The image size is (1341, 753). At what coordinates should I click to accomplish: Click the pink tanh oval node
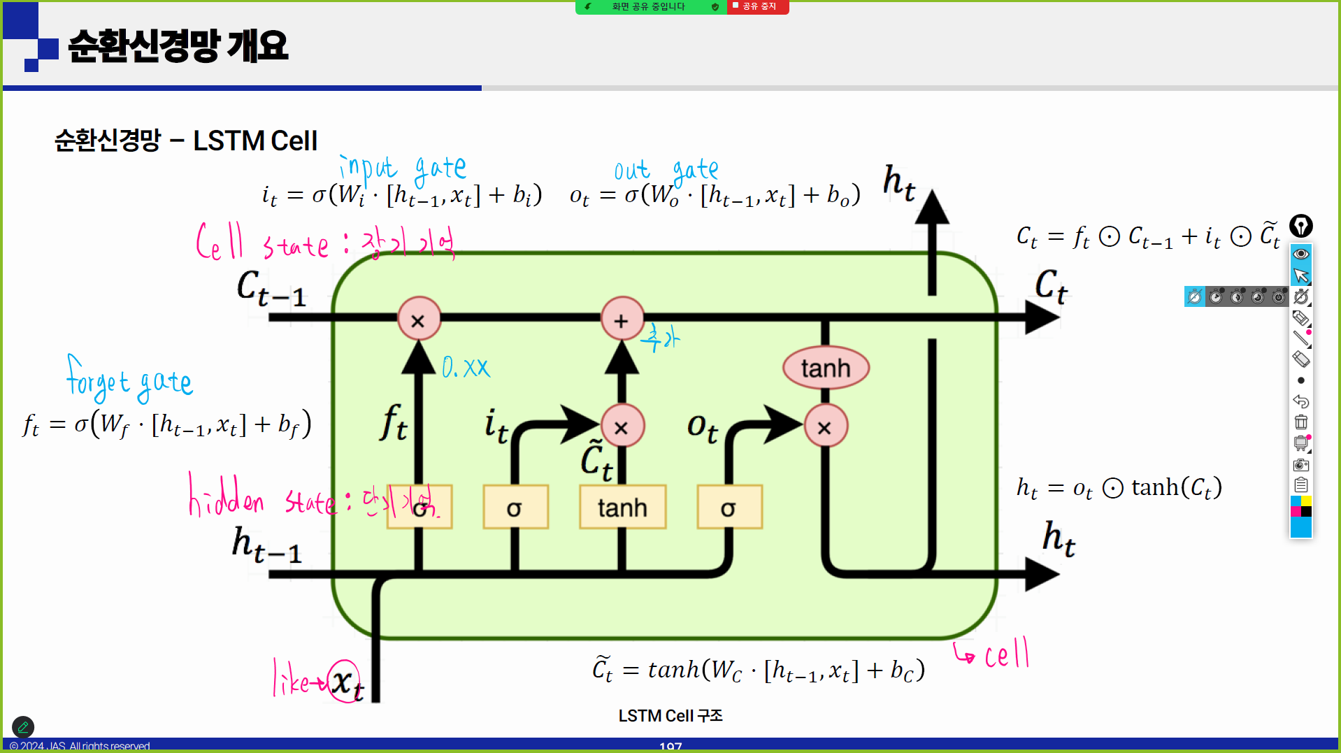[x=826, y=368]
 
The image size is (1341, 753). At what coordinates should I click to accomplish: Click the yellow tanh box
[x=622, y=507]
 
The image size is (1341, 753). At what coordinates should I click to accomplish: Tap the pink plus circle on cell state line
[x=622, y=320]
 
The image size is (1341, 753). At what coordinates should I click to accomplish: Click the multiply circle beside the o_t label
[x=825, y=426]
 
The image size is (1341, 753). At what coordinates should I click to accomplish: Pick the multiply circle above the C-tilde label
[x=622, y=426]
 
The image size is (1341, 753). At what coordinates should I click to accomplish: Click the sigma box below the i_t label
[x=515, y=507]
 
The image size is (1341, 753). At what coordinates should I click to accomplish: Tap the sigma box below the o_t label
[x=729, y=507]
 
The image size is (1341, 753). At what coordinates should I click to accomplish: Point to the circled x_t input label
[x=345, y=681]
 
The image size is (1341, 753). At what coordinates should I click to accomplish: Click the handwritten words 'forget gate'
[x=129, y=380]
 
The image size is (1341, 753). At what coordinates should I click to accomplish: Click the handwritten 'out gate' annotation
[x=666, y=170]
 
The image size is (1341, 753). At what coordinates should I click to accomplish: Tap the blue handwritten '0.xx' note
[x=466, y=368]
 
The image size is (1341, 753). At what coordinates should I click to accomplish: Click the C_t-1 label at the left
[x=271, y=287]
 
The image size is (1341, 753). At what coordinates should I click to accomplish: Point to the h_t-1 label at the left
[x=266, y=544]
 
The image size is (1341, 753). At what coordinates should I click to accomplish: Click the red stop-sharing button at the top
[x=758, y=6]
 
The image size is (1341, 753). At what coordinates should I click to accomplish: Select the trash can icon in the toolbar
[x=1300, y=422]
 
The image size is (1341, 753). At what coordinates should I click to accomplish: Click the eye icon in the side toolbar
[x=1300, y=254]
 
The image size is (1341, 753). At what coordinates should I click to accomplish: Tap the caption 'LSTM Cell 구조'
[x=670, y=715]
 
